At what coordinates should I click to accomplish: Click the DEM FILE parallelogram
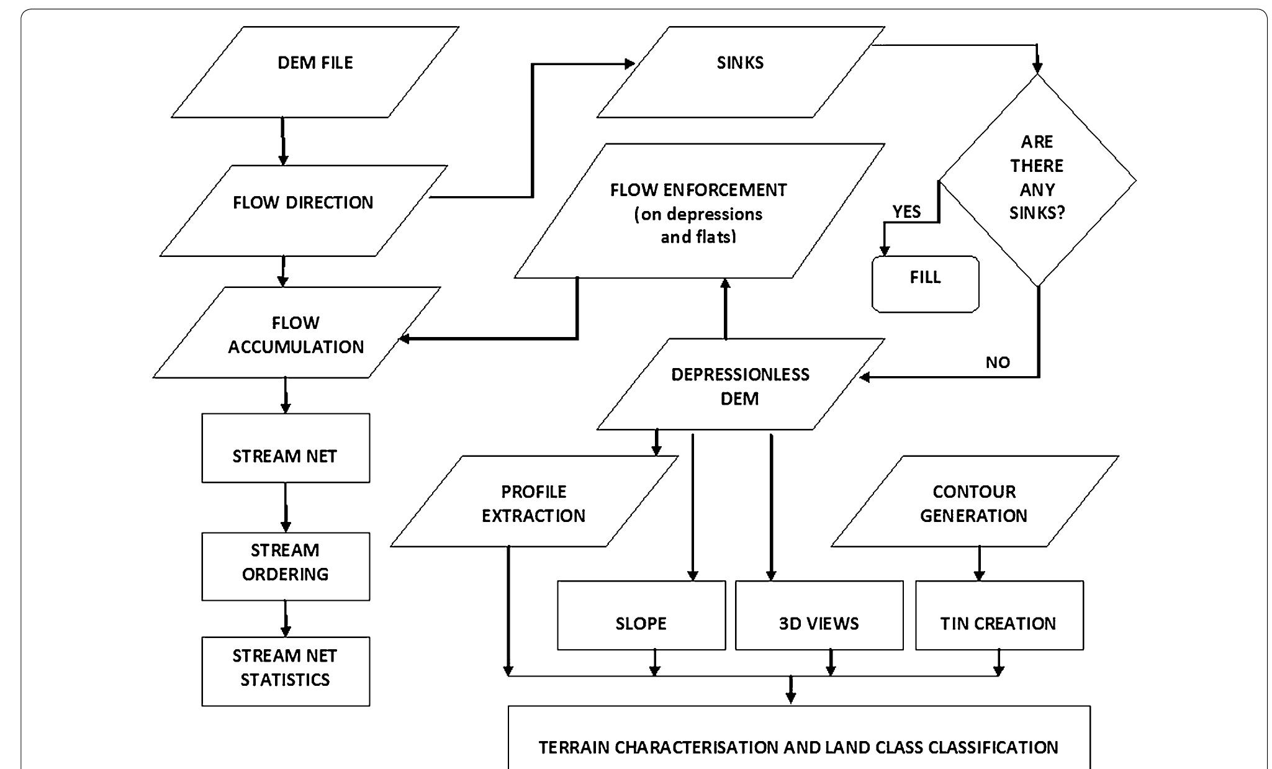click(x=315, y=71)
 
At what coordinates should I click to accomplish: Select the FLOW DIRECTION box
click(x=303, y=210)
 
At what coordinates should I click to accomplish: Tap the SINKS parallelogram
click(x=740, y=71)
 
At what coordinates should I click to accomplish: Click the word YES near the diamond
click(x=906, y=212)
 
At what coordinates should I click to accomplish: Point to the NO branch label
click(x=998, y=362)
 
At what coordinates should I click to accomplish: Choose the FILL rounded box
click(x=925, y=284)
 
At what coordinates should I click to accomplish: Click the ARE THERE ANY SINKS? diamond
click(x=1037, y=179)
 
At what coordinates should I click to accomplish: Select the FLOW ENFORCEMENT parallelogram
click(x=699, y=211)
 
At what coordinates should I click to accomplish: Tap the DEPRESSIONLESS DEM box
click(x=740, y=384)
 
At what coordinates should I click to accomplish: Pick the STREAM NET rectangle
click(x=286, y=448)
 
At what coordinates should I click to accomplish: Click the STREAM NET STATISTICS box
click(x=286, y=671)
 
